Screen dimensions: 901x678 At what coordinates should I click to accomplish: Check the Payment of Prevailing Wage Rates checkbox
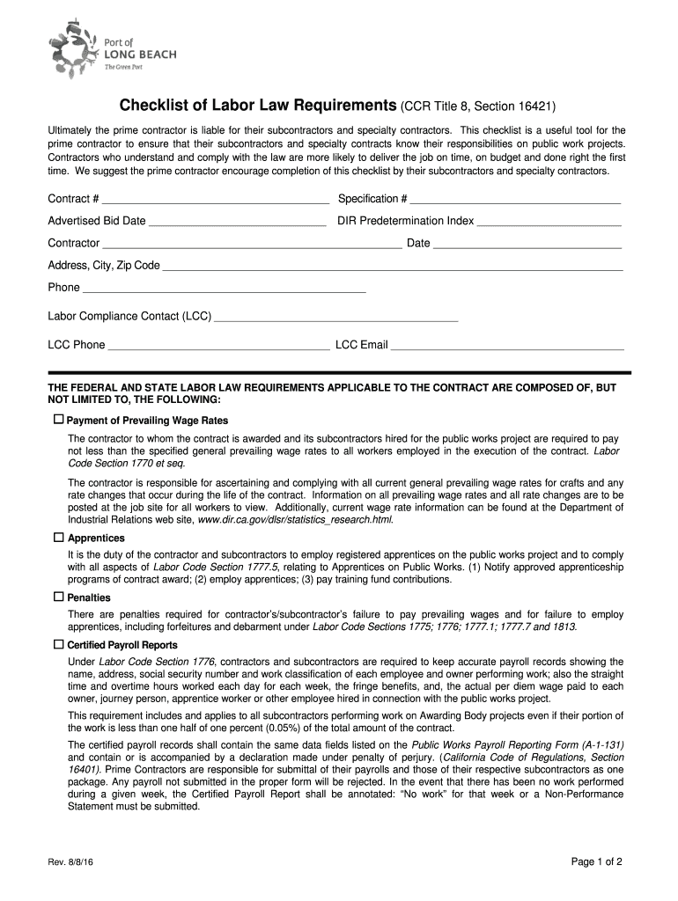(59, 419)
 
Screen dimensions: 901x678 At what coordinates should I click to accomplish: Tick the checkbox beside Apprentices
(59, 537)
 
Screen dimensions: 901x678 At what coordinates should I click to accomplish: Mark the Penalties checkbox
(59, 597)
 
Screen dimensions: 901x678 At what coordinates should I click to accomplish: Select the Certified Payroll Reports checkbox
(59, 644)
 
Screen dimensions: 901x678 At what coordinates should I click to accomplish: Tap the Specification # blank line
(516, 201)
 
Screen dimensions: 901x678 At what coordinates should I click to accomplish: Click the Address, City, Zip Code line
(393, 267)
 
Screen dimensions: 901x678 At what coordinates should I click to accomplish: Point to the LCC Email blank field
(507, 347)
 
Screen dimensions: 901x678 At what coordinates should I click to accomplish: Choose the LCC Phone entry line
(218, 347)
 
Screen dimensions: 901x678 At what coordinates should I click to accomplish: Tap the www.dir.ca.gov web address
(295, 520)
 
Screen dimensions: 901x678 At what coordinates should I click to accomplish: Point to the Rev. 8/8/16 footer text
(73, 863)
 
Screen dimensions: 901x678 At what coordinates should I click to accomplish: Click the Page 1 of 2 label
(597, 862)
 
